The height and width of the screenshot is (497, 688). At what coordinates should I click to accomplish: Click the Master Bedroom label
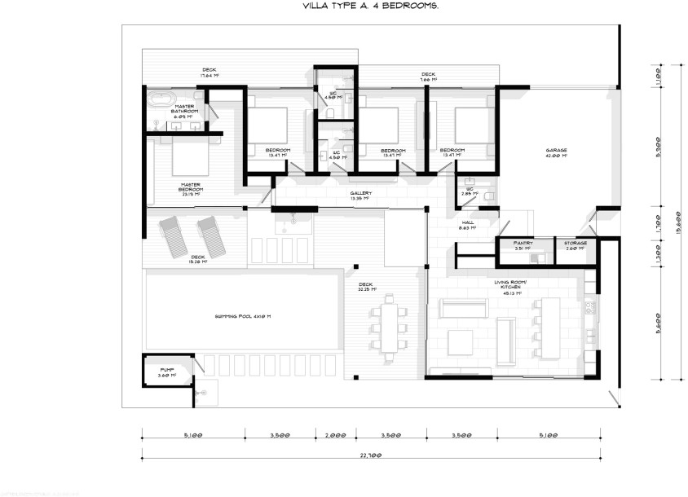[x=191, y=188]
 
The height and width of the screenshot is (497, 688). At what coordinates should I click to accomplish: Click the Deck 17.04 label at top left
[x=209, y=72]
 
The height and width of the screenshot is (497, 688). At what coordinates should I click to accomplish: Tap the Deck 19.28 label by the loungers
[x=198, y=259]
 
